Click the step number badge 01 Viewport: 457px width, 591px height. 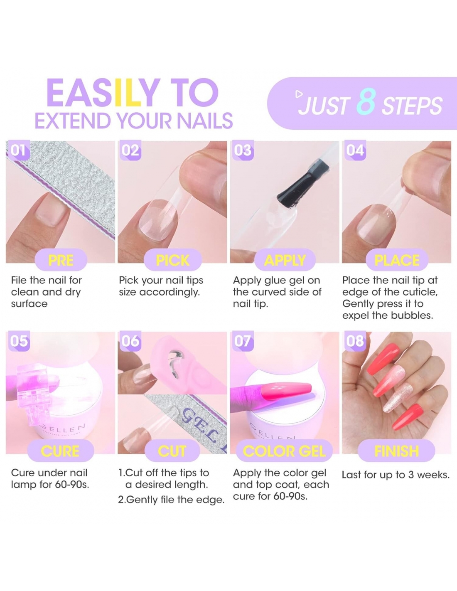tap(18, 150)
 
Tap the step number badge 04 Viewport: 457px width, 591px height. tap(355, 150)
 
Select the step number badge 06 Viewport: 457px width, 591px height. tap(130, 341)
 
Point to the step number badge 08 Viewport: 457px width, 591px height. tap(355, 341)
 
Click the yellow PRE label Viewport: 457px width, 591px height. tap(61, 260)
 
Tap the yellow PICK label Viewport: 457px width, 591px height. tap(173, 260)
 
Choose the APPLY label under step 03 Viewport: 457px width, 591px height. tap(285, 260)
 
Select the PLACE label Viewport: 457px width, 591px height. tap(397, 260)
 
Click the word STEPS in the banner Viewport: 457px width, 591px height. tap(413, 106)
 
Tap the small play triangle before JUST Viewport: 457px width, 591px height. tap(299, 94)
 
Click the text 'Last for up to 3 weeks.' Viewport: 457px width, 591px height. tap(396, 475)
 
